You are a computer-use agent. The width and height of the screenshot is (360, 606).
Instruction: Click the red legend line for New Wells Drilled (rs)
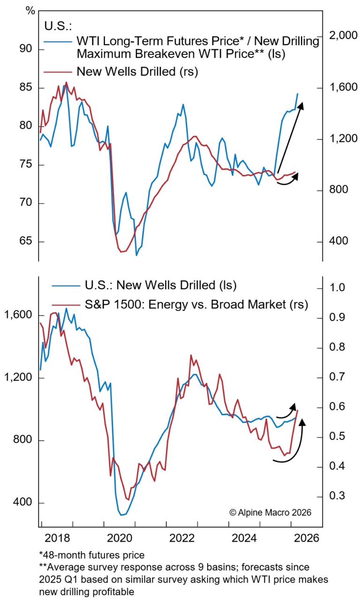58,72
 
